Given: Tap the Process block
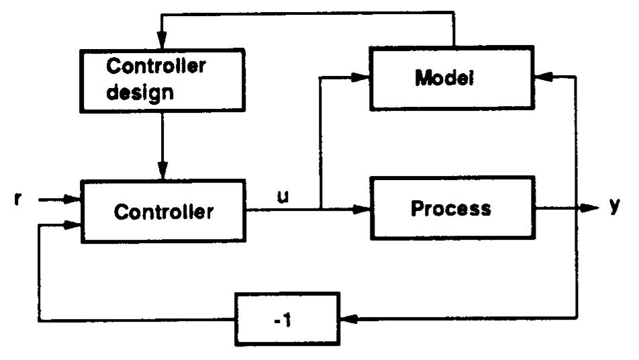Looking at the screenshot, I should pyautogui.click(x=451, y=208).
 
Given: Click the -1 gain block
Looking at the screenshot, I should pyautogui.click(x=287, y=318).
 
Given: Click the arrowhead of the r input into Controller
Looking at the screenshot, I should pyautogui.click(x=73, y=199).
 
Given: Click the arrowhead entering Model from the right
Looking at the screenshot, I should pyautogui.click(x=543, y=79).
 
